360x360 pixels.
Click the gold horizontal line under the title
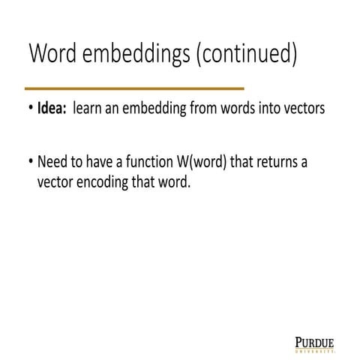(x=134, y=88)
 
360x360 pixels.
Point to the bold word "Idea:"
(x=52, y=109)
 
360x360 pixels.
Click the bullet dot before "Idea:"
(x=29, y=109)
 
